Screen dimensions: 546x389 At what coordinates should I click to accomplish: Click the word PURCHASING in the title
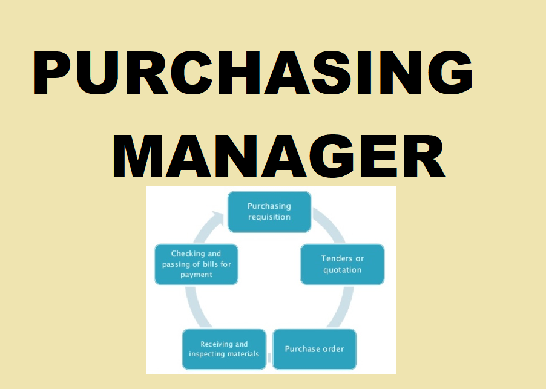(x=253, y=74)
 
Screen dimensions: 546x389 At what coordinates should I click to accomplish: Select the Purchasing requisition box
(x=269, y=212)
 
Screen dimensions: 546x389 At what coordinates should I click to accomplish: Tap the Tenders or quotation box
(x=343, y=264)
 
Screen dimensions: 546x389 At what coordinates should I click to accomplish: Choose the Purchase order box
(x=314, y=349)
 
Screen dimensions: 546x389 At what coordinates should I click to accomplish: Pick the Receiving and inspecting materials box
(x=224, y=349)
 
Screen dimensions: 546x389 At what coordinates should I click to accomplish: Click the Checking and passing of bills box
(x=196, y=264)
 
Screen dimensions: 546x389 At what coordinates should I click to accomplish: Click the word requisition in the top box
(x=269, y=217)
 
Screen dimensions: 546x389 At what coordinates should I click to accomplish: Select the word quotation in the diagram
(x=343, y=270)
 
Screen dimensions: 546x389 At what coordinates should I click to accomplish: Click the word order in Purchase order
(x=332, y=349)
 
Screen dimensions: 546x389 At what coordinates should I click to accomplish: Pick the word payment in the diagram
(x=196, y=275)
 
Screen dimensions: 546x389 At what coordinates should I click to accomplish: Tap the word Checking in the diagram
(x=186, y=253)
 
